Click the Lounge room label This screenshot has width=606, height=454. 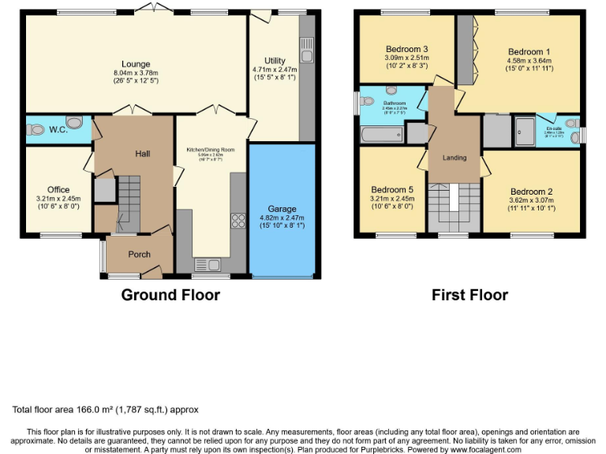(136, 64)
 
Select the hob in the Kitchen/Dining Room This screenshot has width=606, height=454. (236, 221)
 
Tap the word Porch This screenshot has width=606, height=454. (140, 254)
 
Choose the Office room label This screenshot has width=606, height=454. (58, 189)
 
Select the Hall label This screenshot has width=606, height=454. (142, 154)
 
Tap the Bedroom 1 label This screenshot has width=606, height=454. (528, 51)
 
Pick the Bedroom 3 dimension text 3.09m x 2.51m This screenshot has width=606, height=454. (406, 57)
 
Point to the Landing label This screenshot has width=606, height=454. (454, 158)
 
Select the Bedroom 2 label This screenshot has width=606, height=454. (531, 192)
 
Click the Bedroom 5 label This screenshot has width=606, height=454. (392, 189)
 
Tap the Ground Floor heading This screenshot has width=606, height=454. (170, 295)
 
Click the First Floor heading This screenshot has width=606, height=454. (469, 295)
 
